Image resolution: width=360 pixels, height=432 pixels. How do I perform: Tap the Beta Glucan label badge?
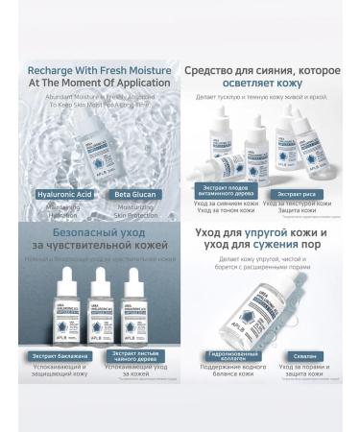tap(135, 193)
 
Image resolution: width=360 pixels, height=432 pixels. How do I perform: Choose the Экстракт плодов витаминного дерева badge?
tap(227, 189)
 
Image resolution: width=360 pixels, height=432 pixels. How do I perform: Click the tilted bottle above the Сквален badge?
tap(288, 307)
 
